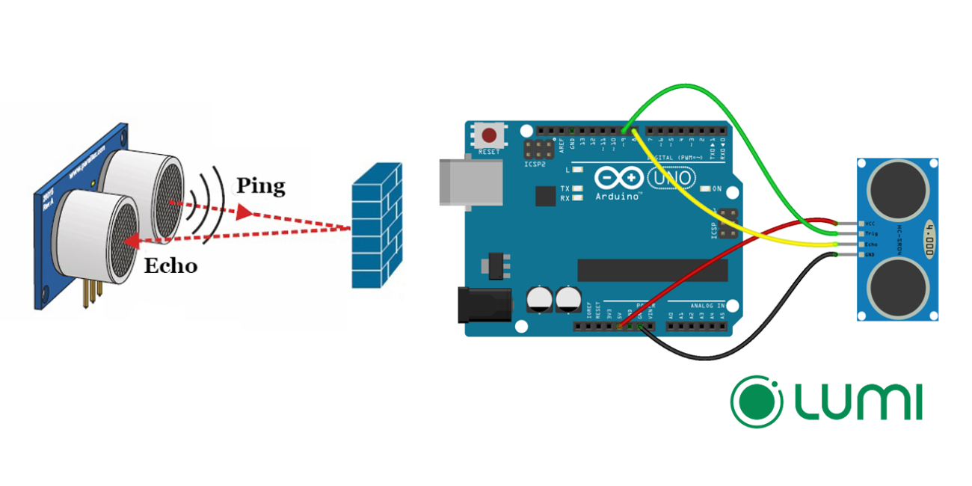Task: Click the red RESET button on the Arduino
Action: (490, 136)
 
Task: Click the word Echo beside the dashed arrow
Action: (170, 265)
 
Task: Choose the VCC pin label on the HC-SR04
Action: (870, 224)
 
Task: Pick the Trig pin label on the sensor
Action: (871, 234)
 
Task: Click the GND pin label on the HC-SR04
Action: (870, 255)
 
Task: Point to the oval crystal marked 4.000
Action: (929, 239)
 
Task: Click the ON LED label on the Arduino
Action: (717, 188)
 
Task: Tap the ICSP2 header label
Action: (535, 162)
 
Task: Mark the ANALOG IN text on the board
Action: (706, 305)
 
